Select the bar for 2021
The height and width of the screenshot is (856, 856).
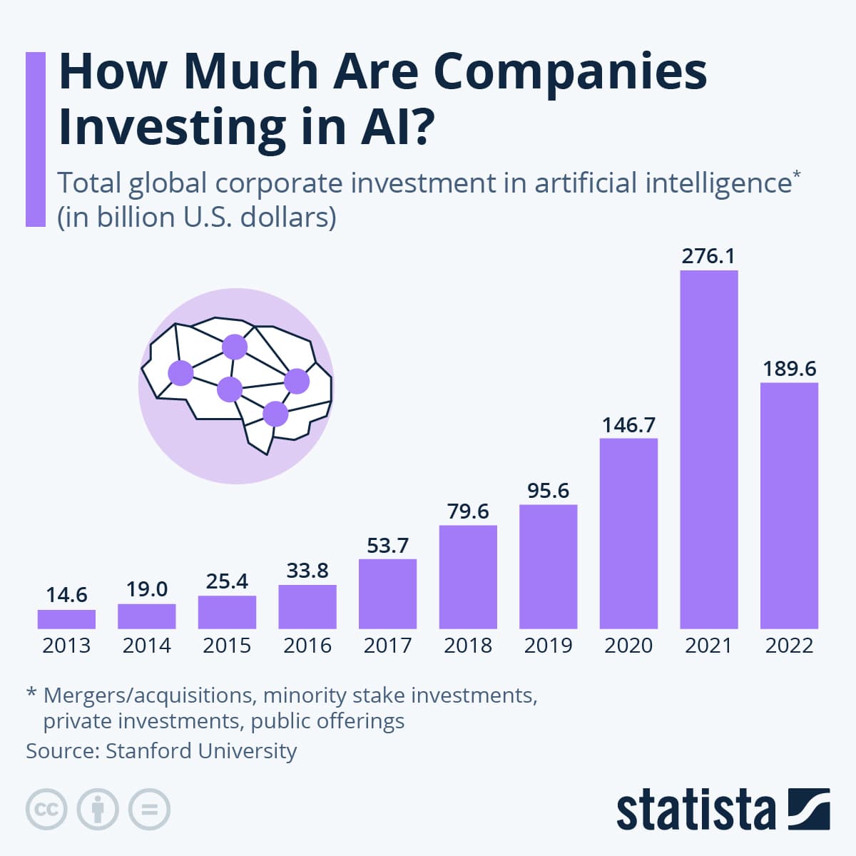coord(709,449)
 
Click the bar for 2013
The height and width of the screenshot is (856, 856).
coord(66,619)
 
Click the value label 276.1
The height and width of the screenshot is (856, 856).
coord(708,256)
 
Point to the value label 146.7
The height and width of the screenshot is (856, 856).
coord(628,425)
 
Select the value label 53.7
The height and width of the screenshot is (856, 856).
coord(387,546)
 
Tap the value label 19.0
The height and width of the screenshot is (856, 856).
coord(147,589)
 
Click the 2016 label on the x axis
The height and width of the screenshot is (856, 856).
coord(307,646)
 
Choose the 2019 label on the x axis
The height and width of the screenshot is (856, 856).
coord(548,646)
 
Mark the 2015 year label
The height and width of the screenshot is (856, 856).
coord(227,646)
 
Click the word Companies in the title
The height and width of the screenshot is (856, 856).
coord(570,71)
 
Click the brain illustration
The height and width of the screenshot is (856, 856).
coord(236,385)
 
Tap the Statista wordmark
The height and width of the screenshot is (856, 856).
coord(695,810)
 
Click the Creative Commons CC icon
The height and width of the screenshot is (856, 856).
coord(46,810)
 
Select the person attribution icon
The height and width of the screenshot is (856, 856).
coord(98,810)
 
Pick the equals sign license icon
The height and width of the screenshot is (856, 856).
coord(149,810)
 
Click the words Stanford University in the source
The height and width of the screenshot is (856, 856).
coord(201,751)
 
